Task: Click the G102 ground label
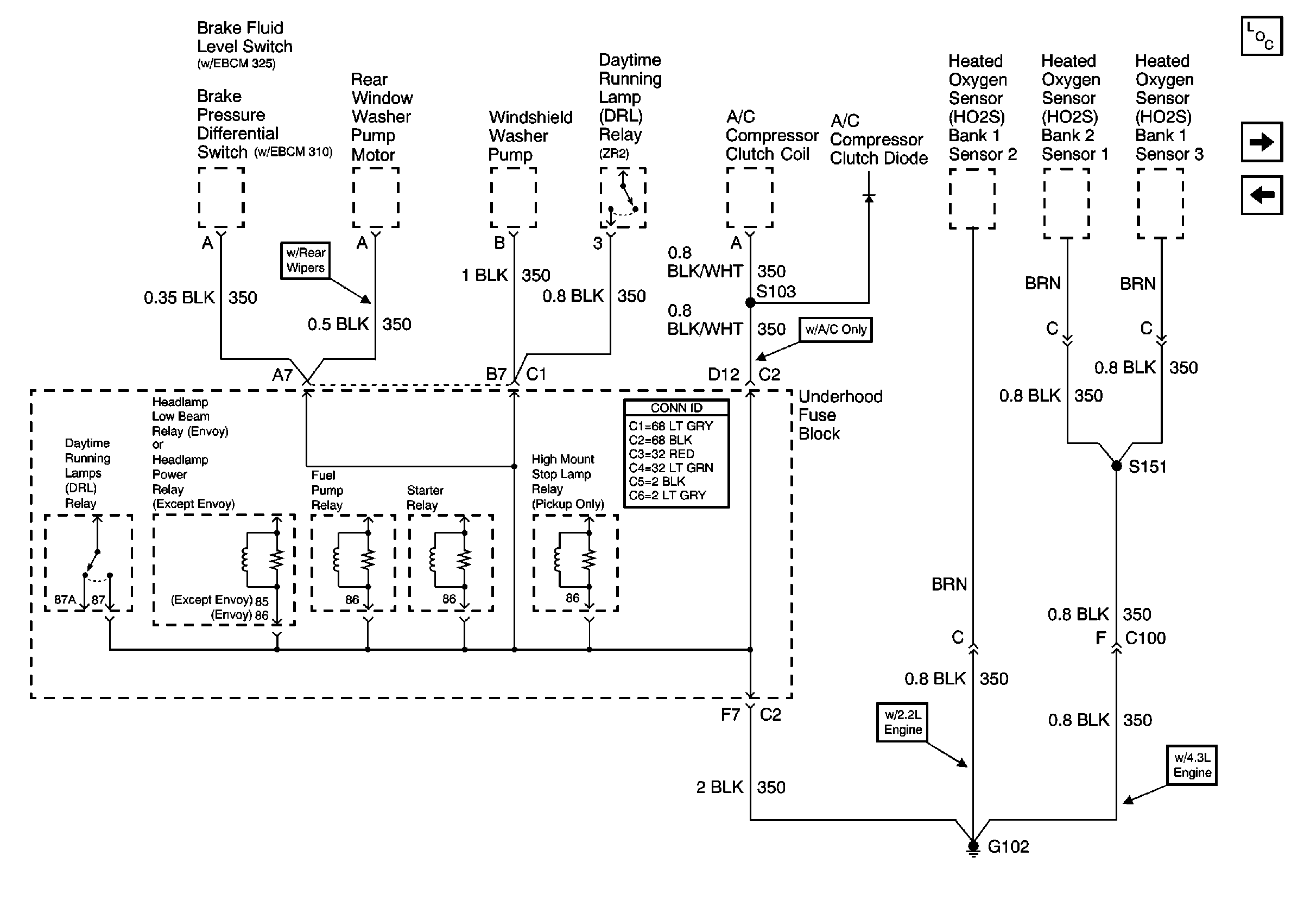[x=1008, y=847]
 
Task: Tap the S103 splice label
[x=776, y=291]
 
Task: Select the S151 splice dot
[x=1116, y=466]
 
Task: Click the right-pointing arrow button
[x=1262, y=141]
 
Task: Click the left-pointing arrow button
[x=1262, y=195]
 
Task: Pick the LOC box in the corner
[x=1262, y=36]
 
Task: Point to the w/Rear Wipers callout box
[x=306, y=261]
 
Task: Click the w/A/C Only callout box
[x=835, y=329]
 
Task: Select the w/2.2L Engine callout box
[x=902, y=722]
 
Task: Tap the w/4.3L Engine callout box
[x=1192, y=765]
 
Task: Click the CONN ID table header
[x=676, y=408]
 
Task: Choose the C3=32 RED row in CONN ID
[x=661, y=454]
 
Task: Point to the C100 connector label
[x=1145, y=638]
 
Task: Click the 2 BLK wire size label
[x=719, y=787]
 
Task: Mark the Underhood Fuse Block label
[x=840, y=415]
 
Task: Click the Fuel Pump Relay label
[x=327, y=490]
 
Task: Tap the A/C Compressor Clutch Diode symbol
[x=869, y=198]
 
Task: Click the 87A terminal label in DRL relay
[x=65, y=600]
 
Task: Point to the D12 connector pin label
[x=723, y=374]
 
